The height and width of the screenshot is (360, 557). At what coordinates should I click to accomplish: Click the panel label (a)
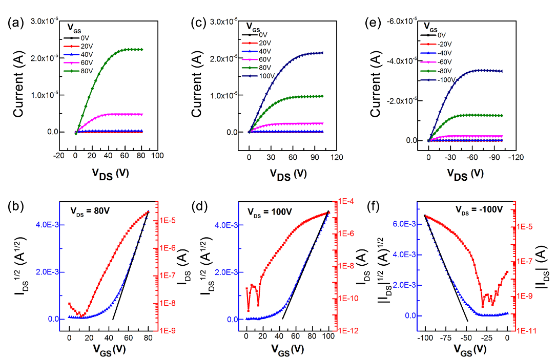[x=14, y=22]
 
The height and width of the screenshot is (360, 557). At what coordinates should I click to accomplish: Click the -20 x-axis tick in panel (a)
[x=59, y=155]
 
